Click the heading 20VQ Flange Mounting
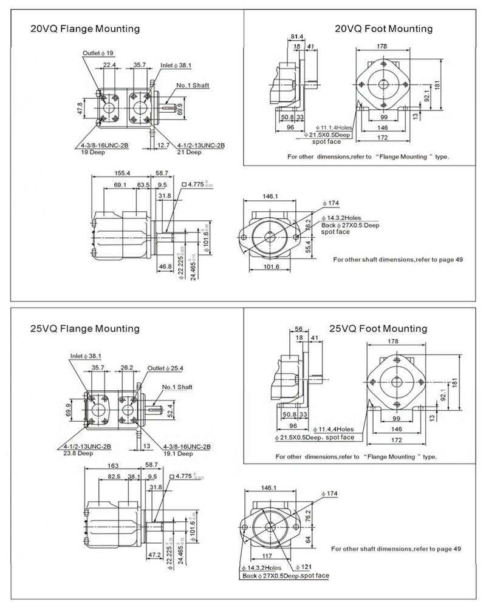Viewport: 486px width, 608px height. pos(85,29)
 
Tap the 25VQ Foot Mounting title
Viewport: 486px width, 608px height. pos(378,328)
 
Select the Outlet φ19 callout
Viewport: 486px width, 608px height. pos(98,53)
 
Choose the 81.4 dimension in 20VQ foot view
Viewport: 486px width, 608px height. pos(297,37)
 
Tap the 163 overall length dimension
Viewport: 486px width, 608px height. pos(112,466)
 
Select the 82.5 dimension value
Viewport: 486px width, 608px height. pos(114,477)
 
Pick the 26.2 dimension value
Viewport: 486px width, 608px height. pos(127,368)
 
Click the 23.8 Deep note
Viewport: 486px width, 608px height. pos(78,453)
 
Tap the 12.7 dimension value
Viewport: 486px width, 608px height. pos(162,146)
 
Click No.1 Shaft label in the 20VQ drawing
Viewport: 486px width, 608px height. pos(193,86)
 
